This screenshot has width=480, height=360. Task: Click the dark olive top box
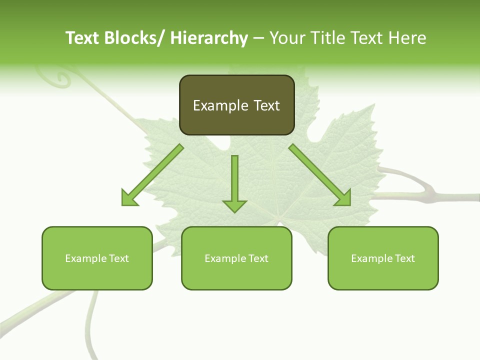[236, 105]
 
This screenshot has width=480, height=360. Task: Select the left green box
[97, 258]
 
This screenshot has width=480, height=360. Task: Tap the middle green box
[236, 258]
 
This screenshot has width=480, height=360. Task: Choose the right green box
[383, 258]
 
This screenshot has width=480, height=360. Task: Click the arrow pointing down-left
[152, 175]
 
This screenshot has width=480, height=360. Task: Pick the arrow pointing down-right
[319, 175]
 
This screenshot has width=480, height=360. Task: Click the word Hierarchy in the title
[208, 38]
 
